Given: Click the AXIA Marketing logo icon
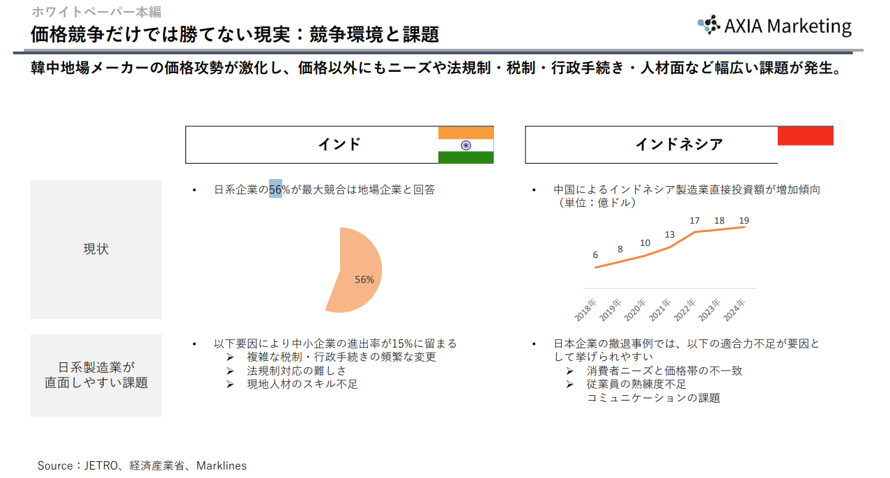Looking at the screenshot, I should tap(708, 25).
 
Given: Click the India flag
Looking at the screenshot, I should tap(466, 145).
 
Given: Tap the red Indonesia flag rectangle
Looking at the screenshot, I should tap(805, 136).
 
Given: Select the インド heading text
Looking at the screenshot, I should tap(339, 144).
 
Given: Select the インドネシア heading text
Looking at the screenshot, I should tap(679, 144).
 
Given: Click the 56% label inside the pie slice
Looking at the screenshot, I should tap(365, 279).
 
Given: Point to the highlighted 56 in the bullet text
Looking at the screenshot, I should tap(275, 190).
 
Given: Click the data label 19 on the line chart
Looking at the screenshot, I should tap(744, 221).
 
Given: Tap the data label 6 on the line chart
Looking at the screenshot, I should tap(595, 255).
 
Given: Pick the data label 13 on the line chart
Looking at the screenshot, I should tap(670, 235).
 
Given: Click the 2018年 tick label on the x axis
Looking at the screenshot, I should tap(586, 310).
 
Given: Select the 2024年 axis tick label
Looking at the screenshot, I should tap(735, 310).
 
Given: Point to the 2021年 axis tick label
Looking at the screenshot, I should tap(660, 310).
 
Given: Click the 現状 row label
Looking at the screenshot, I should tap(96, 249).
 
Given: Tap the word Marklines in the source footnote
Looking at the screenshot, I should tap(221, 465).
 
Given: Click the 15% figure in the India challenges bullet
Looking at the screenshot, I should tap(402, 344).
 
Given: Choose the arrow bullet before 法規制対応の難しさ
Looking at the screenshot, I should tap(230, 371).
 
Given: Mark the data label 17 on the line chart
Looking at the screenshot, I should tap(694, 221).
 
